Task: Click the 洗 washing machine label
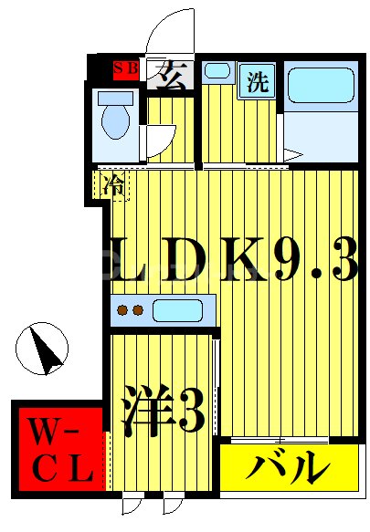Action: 258,81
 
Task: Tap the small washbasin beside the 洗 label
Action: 217,71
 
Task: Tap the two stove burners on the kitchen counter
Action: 128,310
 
